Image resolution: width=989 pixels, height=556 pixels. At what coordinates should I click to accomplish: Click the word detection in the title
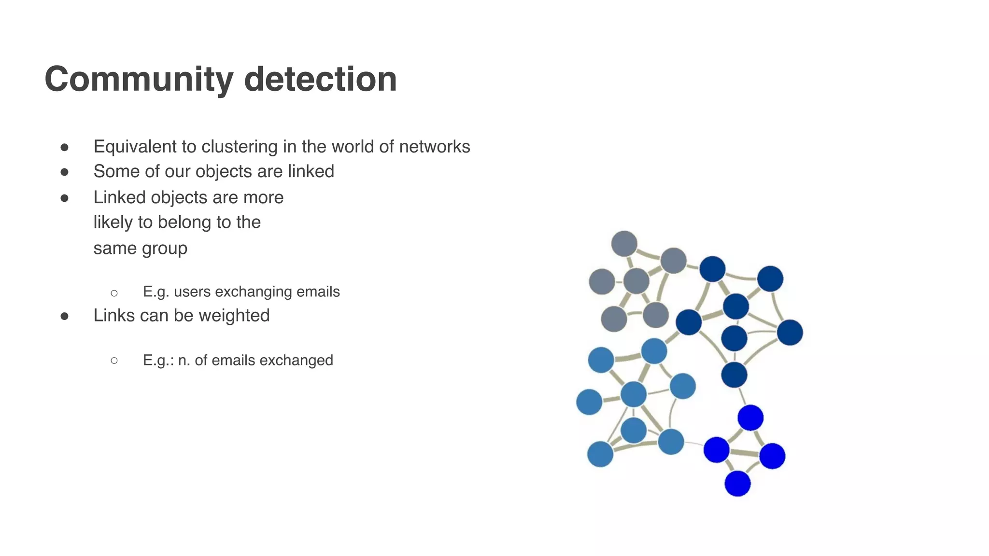click(x=320, y=79)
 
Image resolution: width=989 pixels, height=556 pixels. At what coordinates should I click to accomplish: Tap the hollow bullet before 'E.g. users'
click(x=114, y=293)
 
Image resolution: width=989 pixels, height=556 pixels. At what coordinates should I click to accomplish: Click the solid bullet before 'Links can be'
click(x=64, y=316)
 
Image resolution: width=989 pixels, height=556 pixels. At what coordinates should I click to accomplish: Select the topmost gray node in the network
click(x=624, y=244)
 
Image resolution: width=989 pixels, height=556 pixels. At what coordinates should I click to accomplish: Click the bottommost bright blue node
click(x=737, y=483)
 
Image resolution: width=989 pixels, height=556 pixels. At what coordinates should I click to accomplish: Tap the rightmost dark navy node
click(x=790, y=333)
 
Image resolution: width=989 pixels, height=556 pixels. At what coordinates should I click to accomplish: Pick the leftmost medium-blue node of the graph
click(x=589, y=402)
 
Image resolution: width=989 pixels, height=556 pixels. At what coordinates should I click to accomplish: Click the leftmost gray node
click(x=602, y=281)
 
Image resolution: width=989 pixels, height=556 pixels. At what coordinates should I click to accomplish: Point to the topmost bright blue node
click(x=750, y=417)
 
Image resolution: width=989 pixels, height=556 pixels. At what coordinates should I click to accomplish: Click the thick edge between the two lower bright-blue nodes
click(x=744, y=453)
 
